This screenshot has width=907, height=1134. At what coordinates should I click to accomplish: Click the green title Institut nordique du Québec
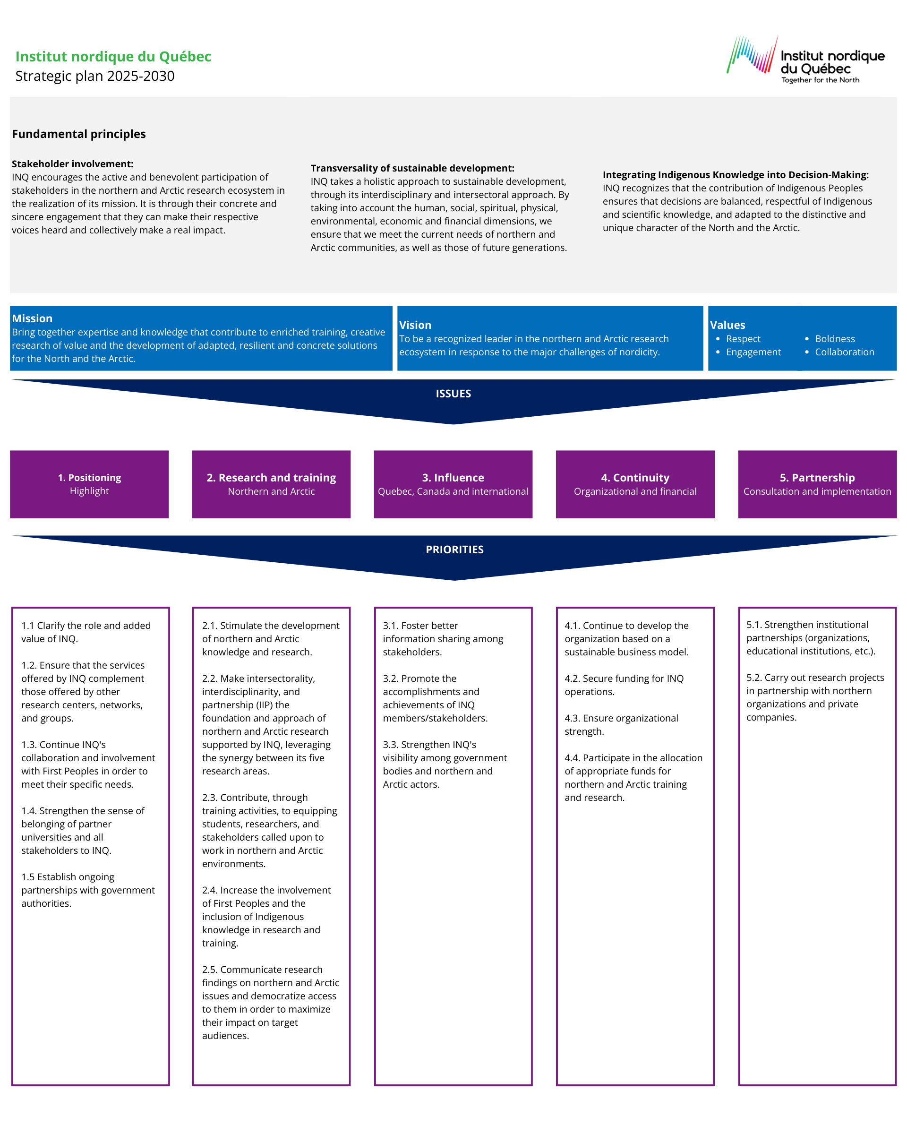(x=113, y=56)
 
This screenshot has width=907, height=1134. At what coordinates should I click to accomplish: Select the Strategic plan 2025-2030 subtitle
(x=94, y=76)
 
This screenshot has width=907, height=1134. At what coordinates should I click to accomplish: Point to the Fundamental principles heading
(x=79, y=134)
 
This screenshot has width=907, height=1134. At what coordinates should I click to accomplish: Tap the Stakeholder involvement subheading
(x=73, y=163)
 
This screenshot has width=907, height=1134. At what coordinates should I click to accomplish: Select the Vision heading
(x=415, y=325)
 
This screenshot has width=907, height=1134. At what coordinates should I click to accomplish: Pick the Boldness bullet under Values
(x=834, y=339)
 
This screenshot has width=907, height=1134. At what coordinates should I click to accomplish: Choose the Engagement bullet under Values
(x=753, y=352)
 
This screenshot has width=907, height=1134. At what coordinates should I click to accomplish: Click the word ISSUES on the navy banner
(x=453, y=394)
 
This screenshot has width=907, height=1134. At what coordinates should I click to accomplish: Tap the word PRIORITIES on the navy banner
(x=454, y=549)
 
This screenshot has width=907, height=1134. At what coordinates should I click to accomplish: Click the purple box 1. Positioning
(x=89, y=484)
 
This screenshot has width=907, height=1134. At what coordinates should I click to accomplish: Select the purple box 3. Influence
(x=453, y=484)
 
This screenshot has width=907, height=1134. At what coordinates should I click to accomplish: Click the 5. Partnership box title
(x=817, y=478)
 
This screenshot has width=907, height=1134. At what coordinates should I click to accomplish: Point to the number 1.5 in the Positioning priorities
(x=28, y=877)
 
